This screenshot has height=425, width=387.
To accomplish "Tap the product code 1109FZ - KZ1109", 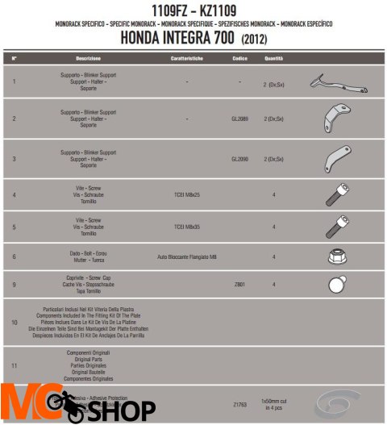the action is pyautogui.click(x=193, y=10).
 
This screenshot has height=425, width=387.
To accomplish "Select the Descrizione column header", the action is pyautogui.click(x=88, y=59).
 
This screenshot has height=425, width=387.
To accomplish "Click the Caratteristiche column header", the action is pyautogui.click(x=186, y=59).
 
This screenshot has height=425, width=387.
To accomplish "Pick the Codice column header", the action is pyautogui.click(x=239, y=59).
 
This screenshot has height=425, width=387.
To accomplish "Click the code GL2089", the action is pyautogui.click(x=239, y=119).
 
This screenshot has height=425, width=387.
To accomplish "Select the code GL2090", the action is pyautogui.click(x=239, y=159).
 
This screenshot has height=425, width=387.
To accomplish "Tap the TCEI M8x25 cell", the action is pyautogui.click(x=186, y=194).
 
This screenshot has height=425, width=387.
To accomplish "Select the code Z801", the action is pyautogui.click(x=239, y=284).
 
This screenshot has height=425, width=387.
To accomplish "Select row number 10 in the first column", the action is pyautogui.click(x=15, y=321).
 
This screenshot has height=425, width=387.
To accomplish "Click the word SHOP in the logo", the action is pyautogui.click(x=120, y=410).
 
